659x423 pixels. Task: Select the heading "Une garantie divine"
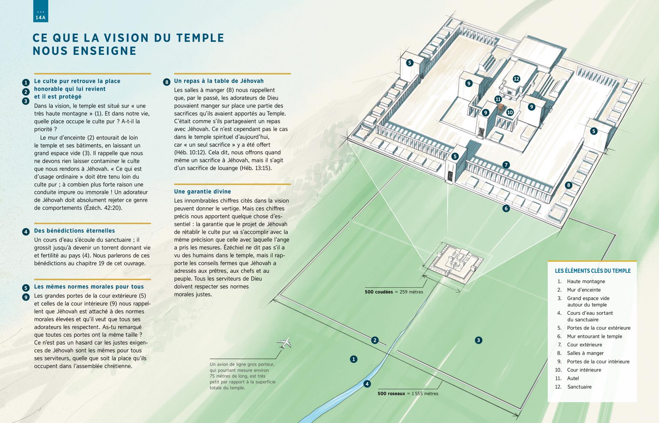point(202,192)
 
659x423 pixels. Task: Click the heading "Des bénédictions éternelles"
point(74,231)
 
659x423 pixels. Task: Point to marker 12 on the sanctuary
point(516,79)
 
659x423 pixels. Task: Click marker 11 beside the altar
point(498,99)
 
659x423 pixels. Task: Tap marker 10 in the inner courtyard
point(510,112)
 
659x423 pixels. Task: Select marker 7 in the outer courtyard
point(506,165)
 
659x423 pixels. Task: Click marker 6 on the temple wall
point(506,209)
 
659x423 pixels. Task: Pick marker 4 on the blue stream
point(367,384)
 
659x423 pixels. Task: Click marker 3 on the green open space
point(478,340)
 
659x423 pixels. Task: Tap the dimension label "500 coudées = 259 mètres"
point(394,292)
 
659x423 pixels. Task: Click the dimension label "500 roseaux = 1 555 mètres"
point(408,393)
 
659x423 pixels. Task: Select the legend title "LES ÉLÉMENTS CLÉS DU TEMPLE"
point(593,271)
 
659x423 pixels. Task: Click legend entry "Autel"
point(573,378)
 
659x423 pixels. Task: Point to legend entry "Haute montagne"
point(586,282)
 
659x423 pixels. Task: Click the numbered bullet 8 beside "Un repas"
point(167,82)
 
